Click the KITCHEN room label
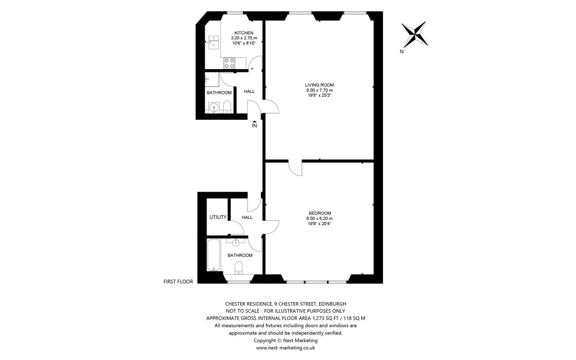244,33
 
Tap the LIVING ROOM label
319,85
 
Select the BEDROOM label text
319,213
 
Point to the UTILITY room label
218,217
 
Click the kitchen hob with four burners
229,63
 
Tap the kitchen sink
213,42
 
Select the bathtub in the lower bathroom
214,255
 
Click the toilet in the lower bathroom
238,268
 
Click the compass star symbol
415,34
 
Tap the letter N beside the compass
402,52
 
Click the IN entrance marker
254,124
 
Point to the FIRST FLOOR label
178,282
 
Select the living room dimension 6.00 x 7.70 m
319,90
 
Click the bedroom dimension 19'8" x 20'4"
319,223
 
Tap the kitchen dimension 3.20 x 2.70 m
244,38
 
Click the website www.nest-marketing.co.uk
285,348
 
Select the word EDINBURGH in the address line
332,304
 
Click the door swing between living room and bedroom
295,168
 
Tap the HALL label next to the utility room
247,218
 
